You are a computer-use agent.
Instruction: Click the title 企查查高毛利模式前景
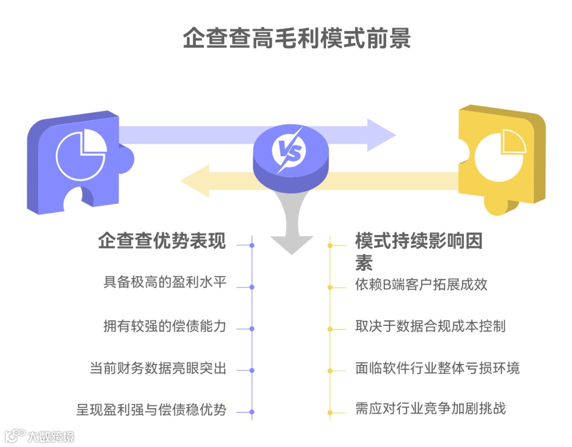tap(297, 39)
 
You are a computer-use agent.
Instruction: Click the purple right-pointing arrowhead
tap(381, 135)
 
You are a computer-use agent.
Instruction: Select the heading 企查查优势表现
tap(162, 241)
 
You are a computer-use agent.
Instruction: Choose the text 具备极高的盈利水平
tap(165, 282)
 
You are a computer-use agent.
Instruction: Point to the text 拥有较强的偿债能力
tap(165, 326)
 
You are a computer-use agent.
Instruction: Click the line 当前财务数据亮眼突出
tap(158, 368)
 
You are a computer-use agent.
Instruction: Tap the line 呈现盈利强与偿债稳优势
tap(151, 409)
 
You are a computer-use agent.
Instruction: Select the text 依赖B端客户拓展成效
tap(421, 284)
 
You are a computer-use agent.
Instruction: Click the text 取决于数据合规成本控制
tap(430, 326)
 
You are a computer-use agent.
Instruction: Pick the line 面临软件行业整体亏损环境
tap(437, 368)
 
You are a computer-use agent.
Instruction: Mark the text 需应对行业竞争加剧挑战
tap(430, 408)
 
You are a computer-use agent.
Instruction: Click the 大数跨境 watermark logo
tap(39, 436)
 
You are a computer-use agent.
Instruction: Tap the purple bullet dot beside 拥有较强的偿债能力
tap(252, 329)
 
